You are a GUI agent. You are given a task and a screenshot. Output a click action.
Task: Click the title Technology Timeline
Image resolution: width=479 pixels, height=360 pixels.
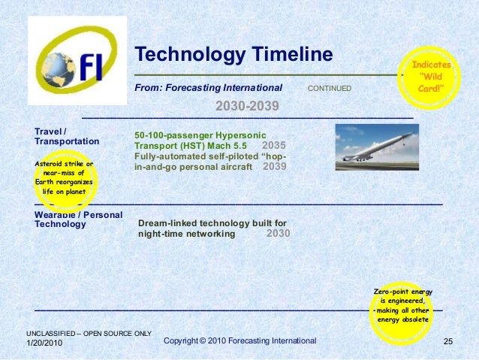click(233, 54)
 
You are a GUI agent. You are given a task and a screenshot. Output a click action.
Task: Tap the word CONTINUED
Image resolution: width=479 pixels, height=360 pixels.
click(329, 89)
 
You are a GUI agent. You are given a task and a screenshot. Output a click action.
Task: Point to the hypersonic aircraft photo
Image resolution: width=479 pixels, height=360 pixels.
click(376, 147)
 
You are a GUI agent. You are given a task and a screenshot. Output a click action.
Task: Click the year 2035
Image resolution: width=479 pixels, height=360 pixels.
click(274, 145)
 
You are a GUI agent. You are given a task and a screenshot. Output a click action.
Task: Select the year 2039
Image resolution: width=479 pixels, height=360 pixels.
click(275, 166)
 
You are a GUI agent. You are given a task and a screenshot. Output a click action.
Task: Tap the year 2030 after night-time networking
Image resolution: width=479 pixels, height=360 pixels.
click(278, 234)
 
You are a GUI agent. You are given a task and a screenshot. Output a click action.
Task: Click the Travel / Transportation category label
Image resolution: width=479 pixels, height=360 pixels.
click(67, 136)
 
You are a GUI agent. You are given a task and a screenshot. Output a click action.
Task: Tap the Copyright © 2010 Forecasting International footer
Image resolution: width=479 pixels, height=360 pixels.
click(239, 341)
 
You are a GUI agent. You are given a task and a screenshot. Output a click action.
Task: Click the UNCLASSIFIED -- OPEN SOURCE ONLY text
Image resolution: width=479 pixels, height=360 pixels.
click(89, 333)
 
